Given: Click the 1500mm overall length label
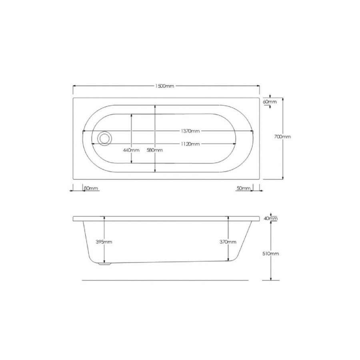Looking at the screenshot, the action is point(165,86).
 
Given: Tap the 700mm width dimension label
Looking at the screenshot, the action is point(283,137).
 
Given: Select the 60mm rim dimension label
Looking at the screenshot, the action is point(270,102).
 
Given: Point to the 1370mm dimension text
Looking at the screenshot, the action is point(190,131).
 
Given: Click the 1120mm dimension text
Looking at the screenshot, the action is point(190,144).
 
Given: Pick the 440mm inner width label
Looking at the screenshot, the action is point(131,150).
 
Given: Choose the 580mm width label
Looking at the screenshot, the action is point(155,150).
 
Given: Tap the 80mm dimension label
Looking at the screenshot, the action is point(91,188).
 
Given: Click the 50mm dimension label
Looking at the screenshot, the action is point(243,188).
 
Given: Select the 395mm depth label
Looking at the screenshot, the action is point(104,242).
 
